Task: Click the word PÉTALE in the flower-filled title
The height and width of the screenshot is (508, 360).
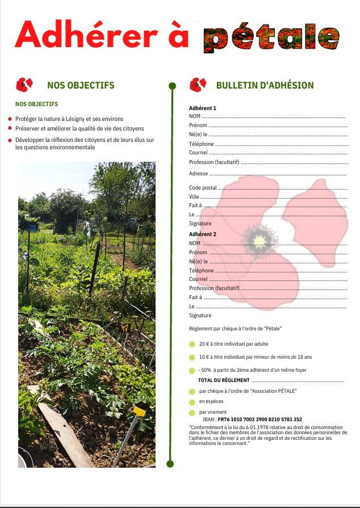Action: [271, 38]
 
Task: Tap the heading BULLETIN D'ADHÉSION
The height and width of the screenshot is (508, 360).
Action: [265, 86]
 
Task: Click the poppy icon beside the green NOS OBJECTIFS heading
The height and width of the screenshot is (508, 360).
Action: [24, 85]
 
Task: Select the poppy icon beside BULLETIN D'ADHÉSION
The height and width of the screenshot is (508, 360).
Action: [198, 85]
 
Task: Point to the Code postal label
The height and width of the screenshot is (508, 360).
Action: [203, 188]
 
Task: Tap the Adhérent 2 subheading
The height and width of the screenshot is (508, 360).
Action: [203, 234]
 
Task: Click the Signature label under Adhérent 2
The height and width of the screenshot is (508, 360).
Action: [200, 316]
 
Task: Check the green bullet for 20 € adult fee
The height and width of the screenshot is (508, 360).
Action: [192, 345]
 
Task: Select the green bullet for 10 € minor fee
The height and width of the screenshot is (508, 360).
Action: [192, 358]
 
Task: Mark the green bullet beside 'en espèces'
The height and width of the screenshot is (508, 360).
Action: [192, 402]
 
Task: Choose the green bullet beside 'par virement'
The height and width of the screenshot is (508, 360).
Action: [192, 413]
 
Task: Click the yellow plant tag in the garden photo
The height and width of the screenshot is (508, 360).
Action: [139, 411]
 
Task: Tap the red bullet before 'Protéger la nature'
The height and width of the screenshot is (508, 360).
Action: [10, 120]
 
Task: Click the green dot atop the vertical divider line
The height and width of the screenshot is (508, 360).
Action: [172, 86]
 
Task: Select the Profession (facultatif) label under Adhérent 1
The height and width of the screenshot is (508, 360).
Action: [214, 162]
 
